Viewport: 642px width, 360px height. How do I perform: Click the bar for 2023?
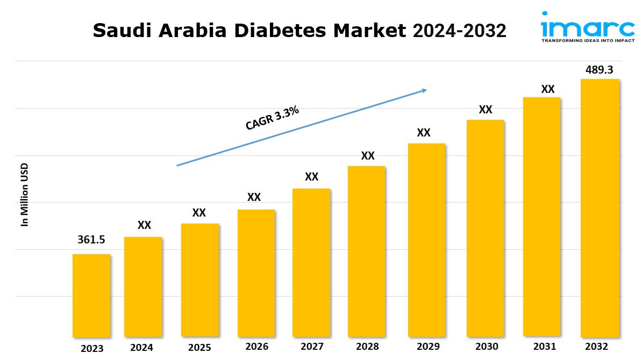pyautogui.click(x=91, y=296)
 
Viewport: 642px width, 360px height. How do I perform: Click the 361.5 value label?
pyautogui.click(x=91, y=240)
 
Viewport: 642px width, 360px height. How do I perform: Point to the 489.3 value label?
pyautogui.click(x=600, y=70)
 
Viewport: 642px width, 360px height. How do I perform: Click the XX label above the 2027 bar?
pyautogui.click(x=312, y=177)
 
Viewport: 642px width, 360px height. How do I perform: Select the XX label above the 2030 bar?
pyautogui.click(x=486, y=110)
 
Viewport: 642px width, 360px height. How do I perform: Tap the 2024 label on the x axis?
pyautogui.click(x=141, y=348)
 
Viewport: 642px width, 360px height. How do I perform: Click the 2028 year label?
pyautogui.click(x=367, y=347)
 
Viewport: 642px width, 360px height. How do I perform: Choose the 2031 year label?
pyautogui.click(x=544, y=347)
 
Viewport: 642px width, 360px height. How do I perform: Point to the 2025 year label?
pyautogui.click(x=199, y=348)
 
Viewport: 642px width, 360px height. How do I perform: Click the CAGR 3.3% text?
pyautogui.click(x=272, y=118)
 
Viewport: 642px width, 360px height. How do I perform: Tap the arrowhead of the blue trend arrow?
pyautogui.click(x=424, y=90)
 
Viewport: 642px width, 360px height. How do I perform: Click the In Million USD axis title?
pyautogui.click(x=24, y=195)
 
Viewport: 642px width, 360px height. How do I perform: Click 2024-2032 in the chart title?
pyautogui.click(x=459, y=31)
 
